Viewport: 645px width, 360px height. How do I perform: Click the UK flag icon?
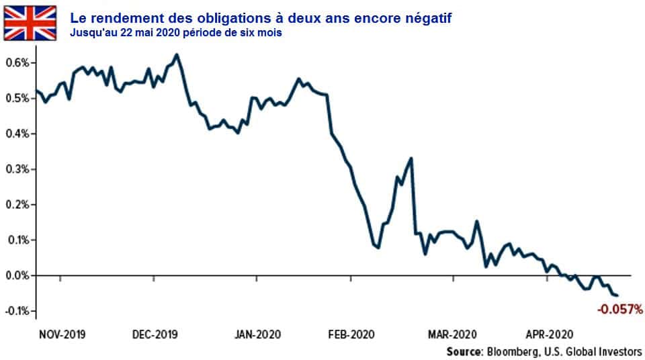tap(30, 23)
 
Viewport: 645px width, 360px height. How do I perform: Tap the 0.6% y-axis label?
tap(17, 63)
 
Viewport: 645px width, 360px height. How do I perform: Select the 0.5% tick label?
tap(17, 99)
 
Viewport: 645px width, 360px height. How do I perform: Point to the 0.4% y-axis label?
tap(17, 134)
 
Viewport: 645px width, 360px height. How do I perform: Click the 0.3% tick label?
tap(17, 169)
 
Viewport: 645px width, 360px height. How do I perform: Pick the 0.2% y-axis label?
tap(17, 205)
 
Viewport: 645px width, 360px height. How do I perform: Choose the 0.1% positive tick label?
tap(17, 240)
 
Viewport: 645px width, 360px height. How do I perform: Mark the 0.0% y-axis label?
tap(17, 275)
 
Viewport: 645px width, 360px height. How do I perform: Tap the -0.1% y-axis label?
tap(15, 311)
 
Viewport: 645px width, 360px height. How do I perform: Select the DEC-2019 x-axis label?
tap(155, 334)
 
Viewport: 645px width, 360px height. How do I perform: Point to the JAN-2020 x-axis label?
tap(259, 334)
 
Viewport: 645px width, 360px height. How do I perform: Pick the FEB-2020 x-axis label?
tap(351, 334)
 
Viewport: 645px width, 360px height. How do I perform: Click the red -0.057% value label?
tap(619, 310)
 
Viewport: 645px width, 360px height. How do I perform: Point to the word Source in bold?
tap(464, 351)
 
